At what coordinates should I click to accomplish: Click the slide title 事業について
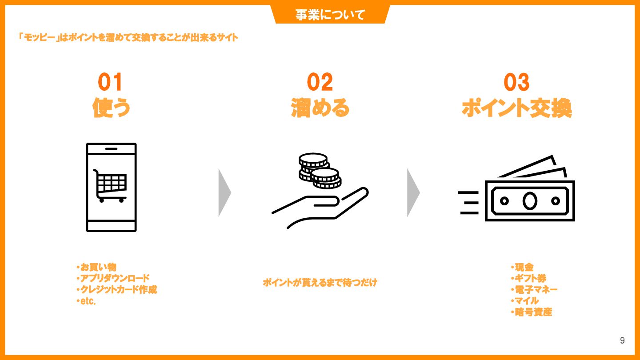pyautogui.click(x=330, y=15)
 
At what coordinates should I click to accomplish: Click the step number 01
pyautogui.click(x=110, y=82)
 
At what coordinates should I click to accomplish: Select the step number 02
pyautogui.click(x=320, y=82)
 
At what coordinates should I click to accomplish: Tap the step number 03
pyautogui.click(x=516, y=82)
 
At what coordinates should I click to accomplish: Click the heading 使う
pyautogui.click(x=111, y=108)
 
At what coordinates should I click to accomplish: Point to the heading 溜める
pyautogui.click(x=320, y=108)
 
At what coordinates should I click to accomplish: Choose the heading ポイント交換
pyautogui.click(x=517, y=108)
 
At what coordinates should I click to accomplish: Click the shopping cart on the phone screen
pyautogui.click(x=110, y=186)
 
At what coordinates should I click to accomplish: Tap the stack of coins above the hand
pyautogui.click(x=320, y=171)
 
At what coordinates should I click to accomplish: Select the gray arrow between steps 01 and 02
pyautogui.click(x=224, y=192)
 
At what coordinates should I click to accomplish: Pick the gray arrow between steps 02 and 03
pyautogui.click(x=413, y=192)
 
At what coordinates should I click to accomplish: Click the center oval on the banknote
pyautogui.click(x=530, y=201)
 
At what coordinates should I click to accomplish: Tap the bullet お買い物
pyautogui.click(x=96, y=267)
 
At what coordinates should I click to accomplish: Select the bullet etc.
pyautogui.click(x=86, y=301)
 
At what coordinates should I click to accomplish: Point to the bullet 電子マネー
pyautogui.click(x=534, y=289)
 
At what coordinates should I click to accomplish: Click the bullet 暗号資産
pyautogui.click(x=532, y=312)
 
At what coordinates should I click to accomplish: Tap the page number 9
pyautogui.click(x=622, y=340)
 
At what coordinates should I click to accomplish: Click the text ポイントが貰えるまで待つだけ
pyautogui.click(x=320, y=283)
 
